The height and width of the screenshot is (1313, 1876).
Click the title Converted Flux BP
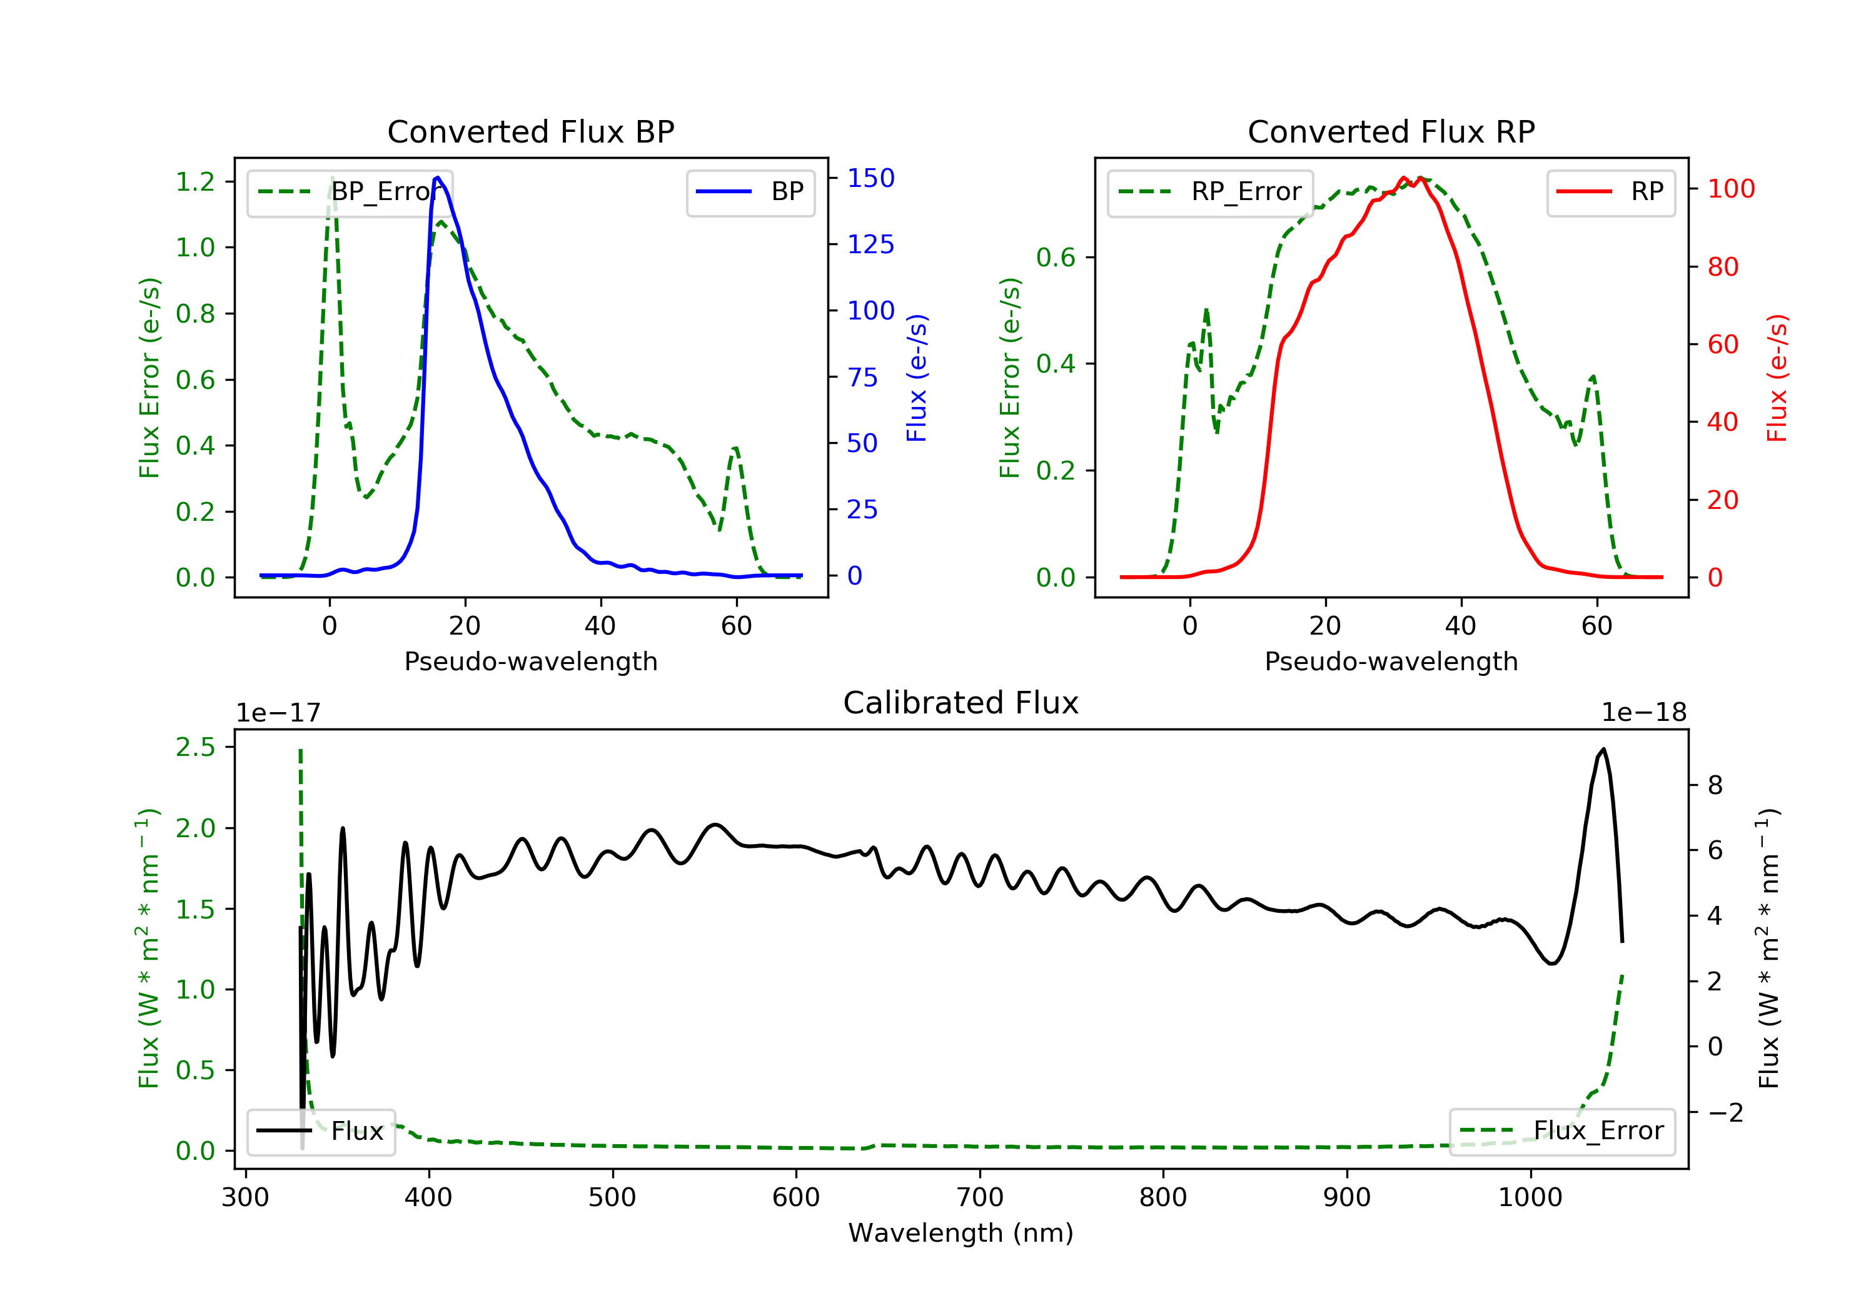[x=530, y=131]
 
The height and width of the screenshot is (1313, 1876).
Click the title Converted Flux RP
[x=1391, y=131]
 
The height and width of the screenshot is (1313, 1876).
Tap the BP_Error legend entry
[x=350, y=192]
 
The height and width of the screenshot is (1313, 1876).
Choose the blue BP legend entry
[x=750, y=192]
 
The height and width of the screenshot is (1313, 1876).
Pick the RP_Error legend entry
[x=1209, y=192]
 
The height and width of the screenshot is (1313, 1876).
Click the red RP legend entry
[x=1610, y=192]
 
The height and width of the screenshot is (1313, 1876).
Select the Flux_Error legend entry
[x=1561, y=1131]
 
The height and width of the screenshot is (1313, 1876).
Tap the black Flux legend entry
[x=320, y=1131]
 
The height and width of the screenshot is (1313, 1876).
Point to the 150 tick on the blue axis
[x=870, y=178]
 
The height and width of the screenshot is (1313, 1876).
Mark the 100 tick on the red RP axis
[x=1730, y=189]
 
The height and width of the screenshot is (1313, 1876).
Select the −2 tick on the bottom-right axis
[x=1725, y=1112]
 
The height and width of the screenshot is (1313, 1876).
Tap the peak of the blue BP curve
[x=438, y=178]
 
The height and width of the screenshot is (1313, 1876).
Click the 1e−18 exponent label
[x=1643, y=713]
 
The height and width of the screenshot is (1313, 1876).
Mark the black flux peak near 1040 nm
[x=1603, y=749]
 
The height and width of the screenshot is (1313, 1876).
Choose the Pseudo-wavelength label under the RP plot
[x=1391, y=661]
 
